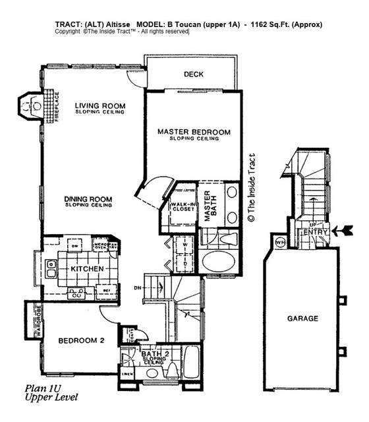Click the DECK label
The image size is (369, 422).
pyautogui.click(x=193, y=75)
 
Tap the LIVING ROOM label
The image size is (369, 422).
pyautogui.click(x=100, y=105)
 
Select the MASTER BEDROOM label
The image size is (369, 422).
pyautogui.click(x=194, y=133)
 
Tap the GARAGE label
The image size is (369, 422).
pyautogui.click(x=302, y=318)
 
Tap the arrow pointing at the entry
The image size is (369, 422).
pyautogui.click(x=343, y=230)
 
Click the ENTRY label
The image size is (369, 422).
pyautogui.click(x=316, y=232)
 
